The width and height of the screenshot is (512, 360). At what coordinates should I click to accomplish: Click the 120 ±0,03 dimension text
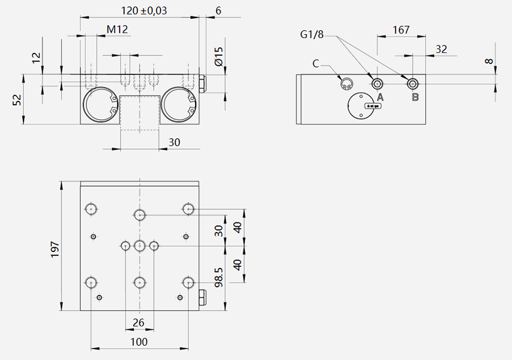point(144,11)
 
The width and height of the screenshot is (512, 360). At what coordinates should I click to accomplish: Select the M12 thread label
point(117,30)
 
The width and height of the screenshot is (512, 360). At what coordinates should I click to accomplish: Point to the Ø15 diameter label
point(219,56)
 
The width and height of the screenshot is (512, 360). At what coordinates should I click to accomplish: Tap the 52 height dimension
point(16,100)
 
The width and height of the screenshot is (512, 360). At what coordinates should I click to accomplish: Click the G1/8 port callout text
point(312,34)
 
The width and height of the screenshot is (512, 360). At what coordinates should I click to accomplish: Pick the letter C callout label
point(315,64)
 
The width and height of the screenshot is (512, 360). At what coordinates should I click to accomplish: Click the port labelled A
point(378,84)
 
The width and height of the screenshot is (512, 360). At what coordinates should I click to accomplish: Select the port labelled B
point(413,84)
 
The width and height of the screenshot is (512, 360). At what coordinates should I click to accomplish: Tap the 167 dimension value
point(401,30)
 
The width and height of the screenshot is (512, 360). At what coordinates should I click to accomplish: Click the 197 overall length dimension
point(55,249)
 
